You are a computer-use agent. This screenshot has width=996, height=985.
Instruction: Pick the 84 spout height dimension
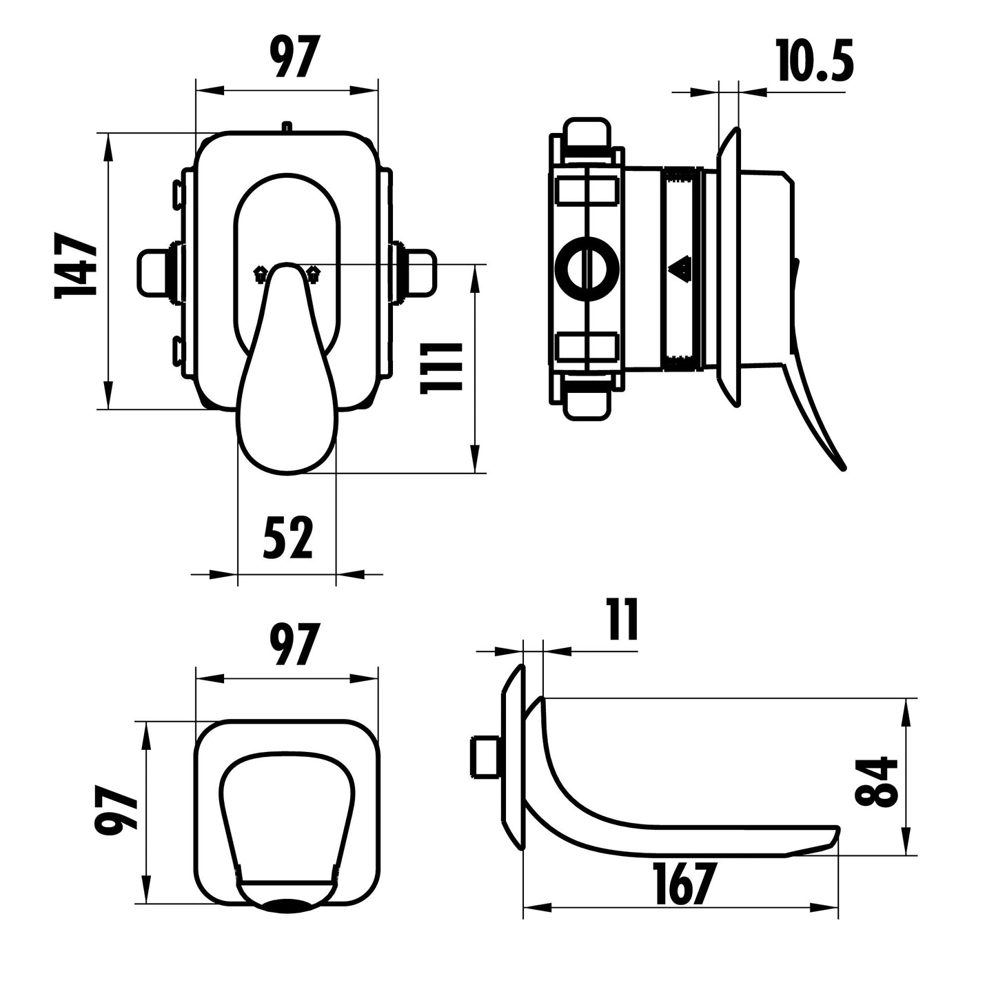[x=877, y=782]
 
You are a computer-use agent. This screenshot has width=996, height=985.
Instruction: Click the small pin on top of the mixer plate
[x=287, y=126]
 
